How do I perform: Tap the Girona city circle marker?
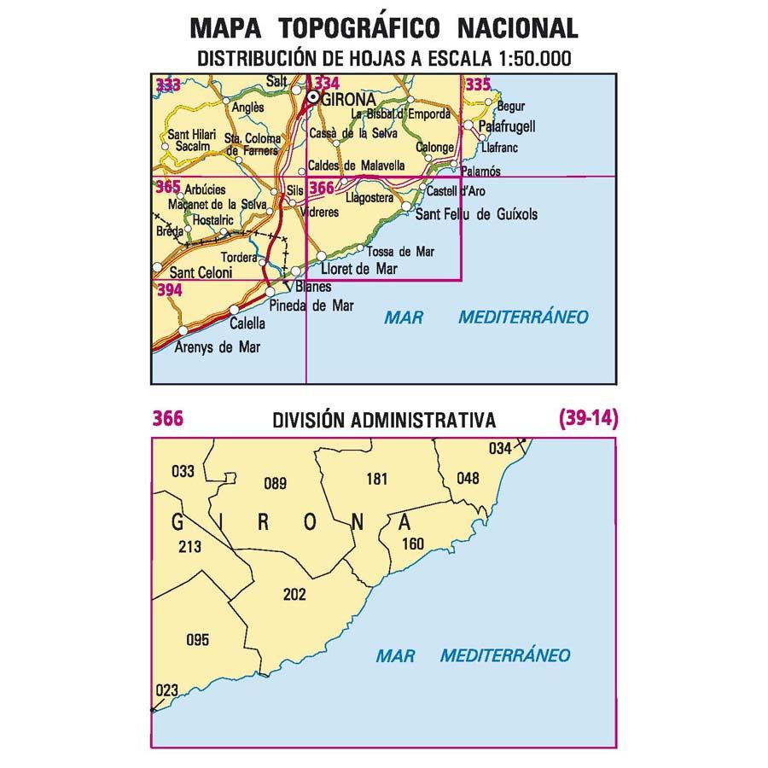313,98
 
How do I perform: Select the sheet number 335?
478,84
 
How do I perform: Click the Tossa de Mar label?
400,252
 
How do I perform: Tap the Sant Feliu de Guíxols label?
476,215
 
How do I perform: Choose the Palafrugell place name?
507,126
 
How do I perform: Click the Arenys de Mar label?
218,347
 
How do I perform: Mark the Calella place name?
247,324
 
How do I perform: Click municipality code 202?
294,595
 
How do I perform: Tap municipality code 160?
411,544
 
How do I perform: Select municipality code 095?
197,640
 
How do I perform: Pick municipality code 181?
376,479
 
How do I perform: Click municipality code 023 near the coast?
168,691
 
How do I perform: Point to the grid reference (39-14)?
587,419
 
